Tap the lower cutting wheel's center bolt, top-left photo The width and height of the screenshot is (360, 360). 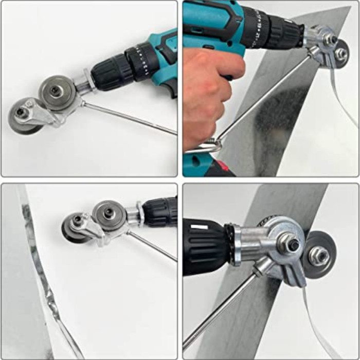21,112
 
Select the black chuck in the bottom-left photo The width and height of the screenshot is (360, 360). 159,211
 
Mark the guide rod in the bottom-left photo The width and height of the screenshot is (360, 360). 152,246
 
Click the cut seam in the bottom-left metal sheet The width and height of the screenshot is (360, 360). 39,267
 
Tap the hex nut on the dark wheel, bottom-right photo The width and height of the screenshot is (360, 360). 319,254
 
